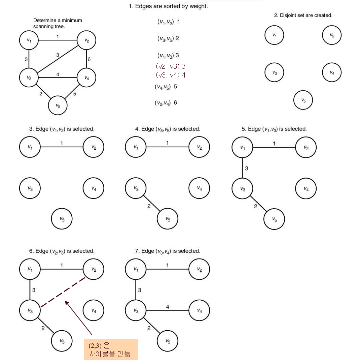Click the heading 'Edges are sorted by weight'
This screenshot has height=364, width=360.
(168, 6)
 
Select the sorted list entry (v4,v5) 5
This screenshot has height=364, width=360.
(166, 87)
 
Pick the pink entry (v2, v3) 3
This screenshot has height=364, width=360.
(171, 66)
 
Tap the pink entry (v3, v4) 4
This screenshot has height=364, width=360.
(171, 75)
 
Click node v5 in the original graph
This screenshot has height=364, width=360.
(58, 106)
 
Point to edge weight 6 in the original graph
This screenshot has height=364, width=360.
(89, 59)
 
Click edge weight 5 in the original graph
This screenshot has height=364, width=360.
(75, 94)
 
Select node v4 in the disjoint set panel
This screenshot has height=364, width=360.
(332, 72)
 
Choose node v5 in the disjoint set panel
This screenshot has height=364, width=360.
(303, 100)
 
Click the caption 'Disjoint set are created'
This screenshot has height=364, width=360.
(303, 16)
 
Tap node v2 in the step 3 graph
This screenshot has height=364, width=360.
(94, 147)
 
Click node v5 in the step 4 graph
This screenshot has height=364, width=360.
(168, 219)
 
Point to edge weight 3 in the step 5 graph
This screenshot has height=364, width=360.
(247, 168)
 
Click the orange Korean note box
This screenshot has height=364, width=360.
(111, 350)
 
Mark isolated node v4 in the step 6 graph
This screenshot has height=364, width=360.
(94, 310)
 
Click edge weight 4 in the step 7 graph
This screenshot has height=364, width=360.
(168, 307)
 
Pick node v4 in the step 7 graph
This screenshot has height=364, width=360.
(199, 310)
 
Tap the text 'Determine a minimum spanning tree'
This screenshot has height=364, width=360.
(58, 23)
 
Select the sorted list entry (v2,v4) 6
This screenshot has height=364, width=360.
(166, 103)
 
